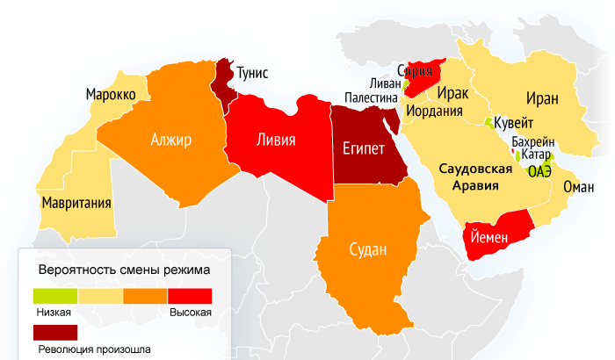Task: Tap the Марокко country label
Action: pos(110,94)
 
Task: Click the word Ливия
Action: pos(275,140)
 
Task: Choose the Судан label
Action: pos(367,249)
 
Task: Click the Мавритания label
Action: pos(76,204)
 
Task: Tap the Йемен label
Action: pos(493,236)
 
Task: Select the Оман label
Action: pos(578,187)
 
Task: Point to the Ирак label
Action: pos(452,93)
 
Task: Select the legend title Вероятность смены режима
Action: pos(124,270)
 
